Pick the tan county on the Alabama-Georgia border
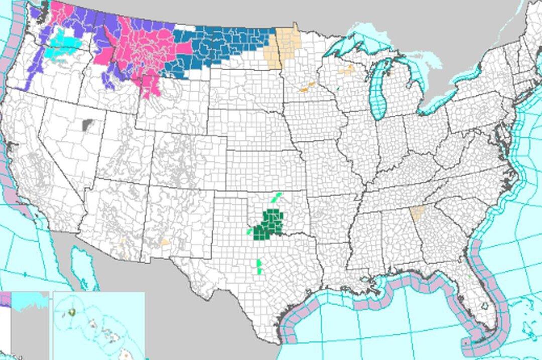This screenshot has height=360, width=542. tap(416, 214)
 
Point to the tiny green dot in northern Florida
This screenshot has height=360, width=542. tap(468, 275)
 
